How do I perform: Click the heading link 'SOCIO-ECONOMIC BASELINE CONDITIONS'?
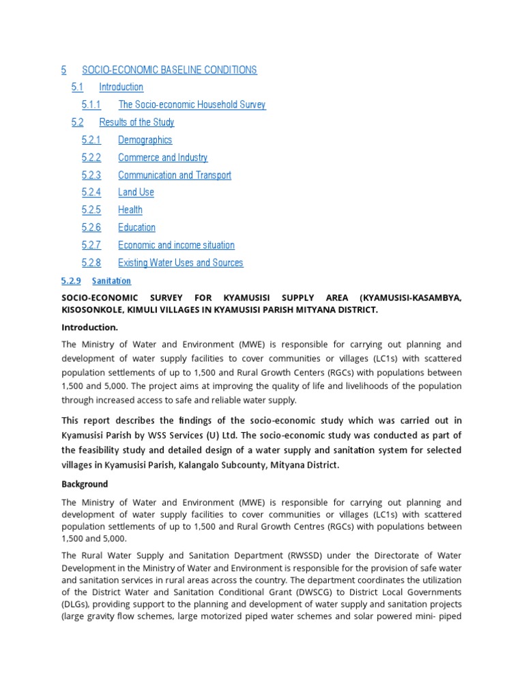pos(169,70)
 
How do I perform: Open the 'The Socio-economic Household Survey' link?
pos(192,104)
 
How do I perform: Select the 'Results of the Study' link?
pos(136,122)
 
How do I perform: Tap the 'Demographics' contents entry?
pos(145,140)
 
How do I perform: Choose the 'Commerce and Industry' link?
pos(162,158)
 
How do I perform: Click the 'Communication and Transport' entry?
pos(174,175)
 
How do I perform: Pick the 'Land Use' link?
pos(136,192)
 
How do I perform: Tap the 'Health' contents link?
pos(130,210)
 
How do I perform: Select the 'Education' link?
pos(136,227)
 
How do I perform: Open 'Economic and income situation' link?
pos(176,245)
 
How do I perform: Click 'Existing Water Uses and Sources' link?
pos(180,263)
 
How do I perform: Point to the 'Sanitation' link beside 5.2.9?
pos(111,281)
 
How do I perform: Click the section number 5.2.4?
pos(91,192)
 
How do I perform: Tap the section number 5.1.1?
pos(91,104)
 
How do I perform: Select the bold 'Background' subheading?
pos(85,484)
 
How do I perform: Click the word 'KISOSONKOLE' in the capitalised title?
pos(91,310)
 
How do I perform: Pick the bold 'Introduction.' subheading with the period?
pos(89,328)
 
